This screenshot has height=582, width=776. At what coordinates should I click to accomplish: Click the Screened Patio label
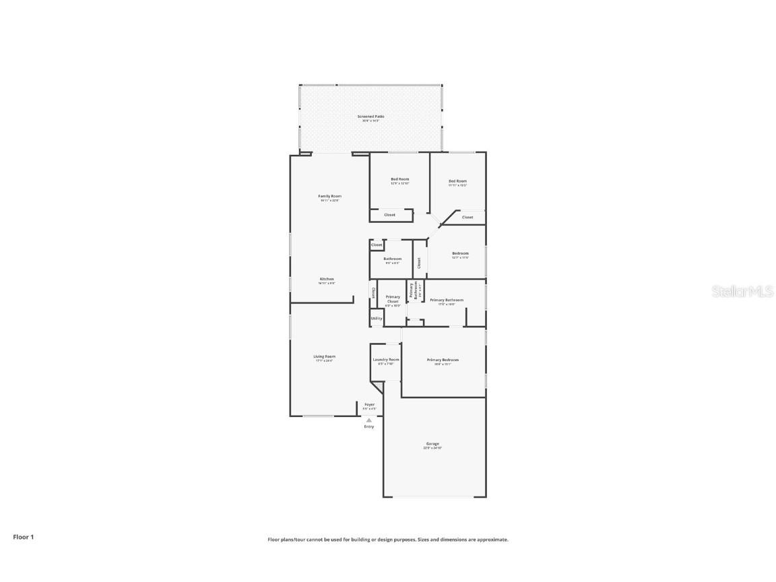pyautogui.click(x=370, y=117)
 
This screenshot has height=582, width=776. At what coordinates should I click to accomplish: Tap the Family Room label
pyautogui.click(x=329, y=196)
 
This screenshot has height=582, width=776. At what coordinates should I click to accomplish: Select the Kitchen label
pyautogui.click(x=327, y=279)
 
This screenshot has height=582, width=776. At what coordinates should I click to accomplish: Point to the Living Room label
pyautogui.click(x=324, y=356)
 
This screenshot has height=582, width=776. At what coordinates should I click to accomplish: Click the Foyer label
pyautogui.click(x=369, y=404)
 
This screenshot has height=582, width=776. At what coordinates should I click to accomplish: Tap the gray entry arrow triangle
pyautogui.click(x=368, y=420)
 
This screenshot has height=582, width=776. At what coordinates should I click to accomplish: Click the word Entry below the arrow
pyautogui.click(x=369, y=426)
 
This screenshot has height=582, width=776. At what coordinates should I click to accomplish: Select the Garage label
pyautogui.click(x=432, y=443)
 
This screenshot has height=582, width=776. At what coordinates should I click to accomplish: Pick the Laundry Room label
pyautogui.click(x=386, y=360)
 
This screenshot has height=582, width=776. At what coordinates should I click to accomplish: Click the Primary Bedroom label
pyautogui.click(x=443, y=360)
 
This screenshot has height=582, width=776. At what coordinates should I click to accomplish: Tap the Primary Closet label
pyautogui.click(x=393, y=298)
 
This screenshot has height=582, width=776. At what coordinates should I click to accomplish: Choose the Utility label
pyautogui.click(x=377, y=319)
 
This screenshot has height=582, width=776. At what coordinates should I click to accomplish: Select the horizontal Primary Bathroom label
pyautogui.click(x=447, y=300)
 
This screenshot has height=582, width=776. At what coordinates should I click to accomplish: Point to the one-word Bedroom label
pyautogui.click(x=460, y=253)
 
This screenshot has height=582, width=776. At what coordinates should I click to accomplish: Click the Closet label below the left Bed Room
pyautogui.click(x=389, y=215)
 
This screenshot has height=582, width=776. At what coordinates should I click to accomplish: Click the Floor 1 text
pyautogui.click(x=23, y=537)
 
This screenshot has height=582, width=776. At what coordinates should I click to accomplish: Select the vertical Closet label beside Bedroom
pyautogui.click(x=419, y=263)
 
